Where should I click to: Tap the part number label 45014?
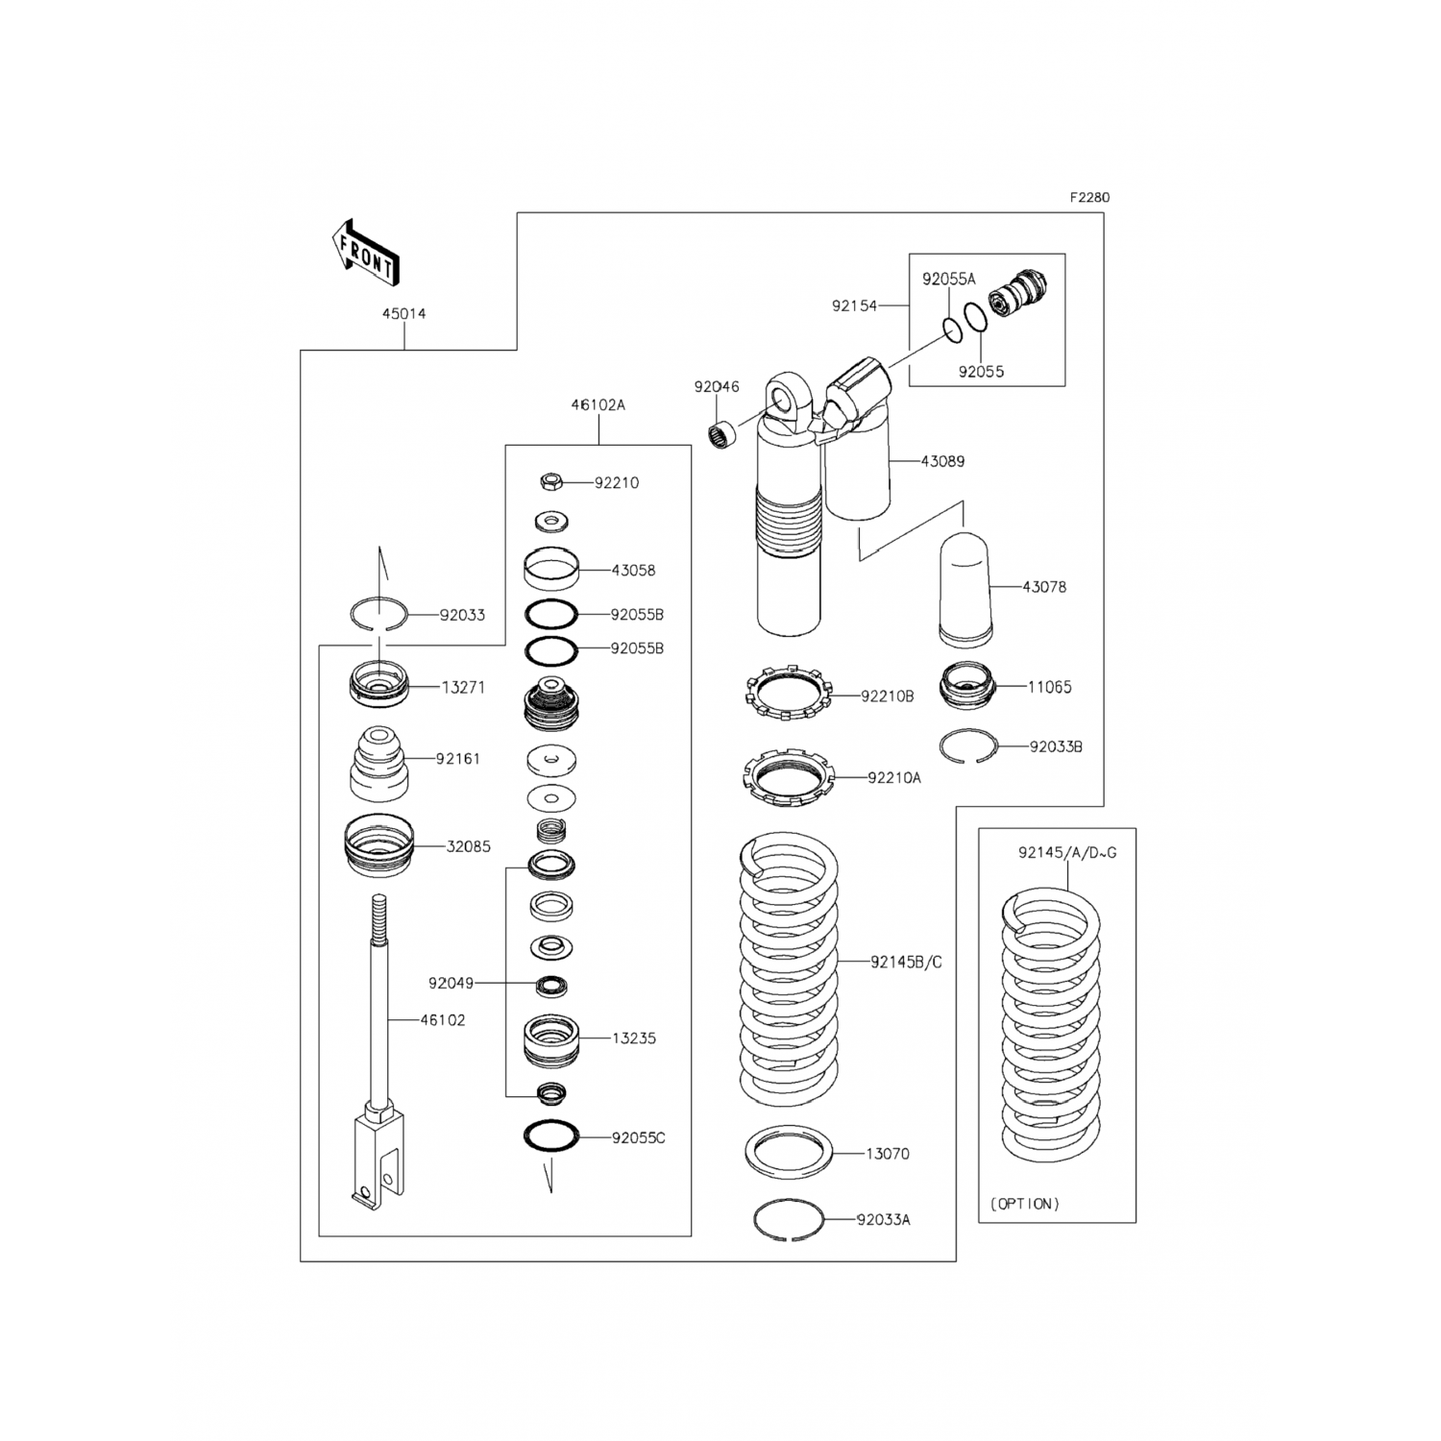(x=403, y=313)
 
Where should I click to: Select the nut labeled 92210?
(x=550, y=480)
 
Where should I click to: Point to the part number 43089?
(x=942, y=461)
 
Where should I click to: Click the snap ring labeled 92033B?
(x=968, y=746)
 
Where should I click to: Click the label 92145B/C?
(x=906, y=962)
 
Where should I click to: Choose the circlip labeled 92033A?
(x=788, y=1220)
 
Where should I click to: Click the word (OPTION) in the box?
(x=1024, y=1204)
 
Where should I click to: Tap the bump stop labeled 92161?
(x=377, y=763)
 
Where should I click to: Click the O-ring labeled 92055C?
(x=550, y=1136)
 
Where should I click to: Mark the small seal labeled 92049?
(x=551, y=985)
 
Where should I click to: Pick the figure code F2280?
(x=1089, y=198)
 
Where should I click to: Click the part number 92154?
(x=854, y=306)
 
